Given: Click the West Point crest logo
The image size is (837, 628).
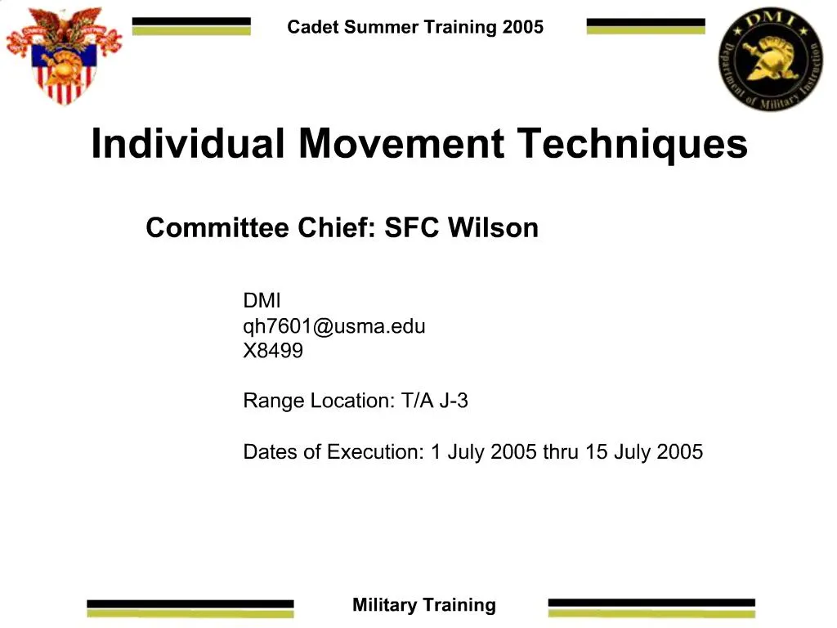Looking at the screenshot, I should [x=63, y=56].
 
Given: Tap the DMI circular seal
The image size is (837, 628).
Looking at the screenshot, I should [x=770, y=59].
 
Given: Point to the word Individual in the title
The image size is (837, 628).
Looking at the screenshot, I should [x=188, y=144].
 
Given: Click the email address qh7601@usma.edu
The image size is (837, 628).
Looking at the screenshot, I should [x=333, y=327].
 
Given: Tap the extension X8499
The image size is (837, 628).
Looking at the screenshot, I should [x=273, y=352].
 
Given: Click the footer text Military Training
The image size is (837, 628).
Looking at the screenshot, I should [x=423, y=605].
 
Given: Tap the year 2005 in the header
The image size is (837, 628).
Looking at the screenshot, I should [x=522, y=27].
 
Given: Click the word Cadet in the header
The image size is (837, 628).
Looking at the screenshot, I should [x=313, y=27].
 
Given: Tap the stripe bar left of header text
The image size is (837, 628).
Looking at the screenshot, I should [x=191, y=26].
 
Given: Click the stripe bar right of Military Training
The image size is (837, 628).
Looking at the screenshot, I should [x=651, y=607].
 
